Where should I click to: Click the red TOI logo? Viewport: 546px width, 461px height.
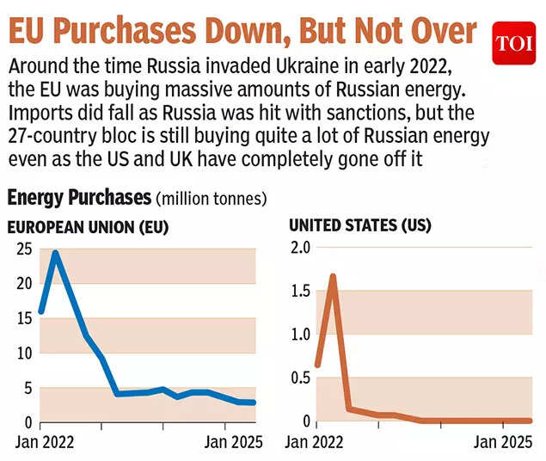coord(513,43)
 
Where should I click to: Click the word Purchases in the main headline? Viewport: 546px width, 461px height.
coord(144,32)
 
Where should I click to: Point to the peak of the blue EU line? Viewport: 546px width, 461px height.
coord(56,253)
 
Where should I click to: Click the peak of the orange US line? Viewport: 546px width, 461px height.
coord(332,276)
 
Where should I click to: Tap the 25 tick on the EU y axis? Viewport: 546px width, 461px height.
coord(24,249)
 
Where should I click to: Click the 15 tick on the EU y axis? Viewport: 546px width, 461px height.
coord(24,318)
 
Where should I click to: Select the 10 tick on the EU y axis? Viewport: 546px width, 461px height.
coord(24,353)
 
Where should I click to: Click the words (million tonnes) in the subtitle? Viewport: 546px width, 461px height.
coord(211,199)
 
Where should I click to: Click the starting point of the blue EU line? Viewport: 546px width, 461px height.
coord(41,311)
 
